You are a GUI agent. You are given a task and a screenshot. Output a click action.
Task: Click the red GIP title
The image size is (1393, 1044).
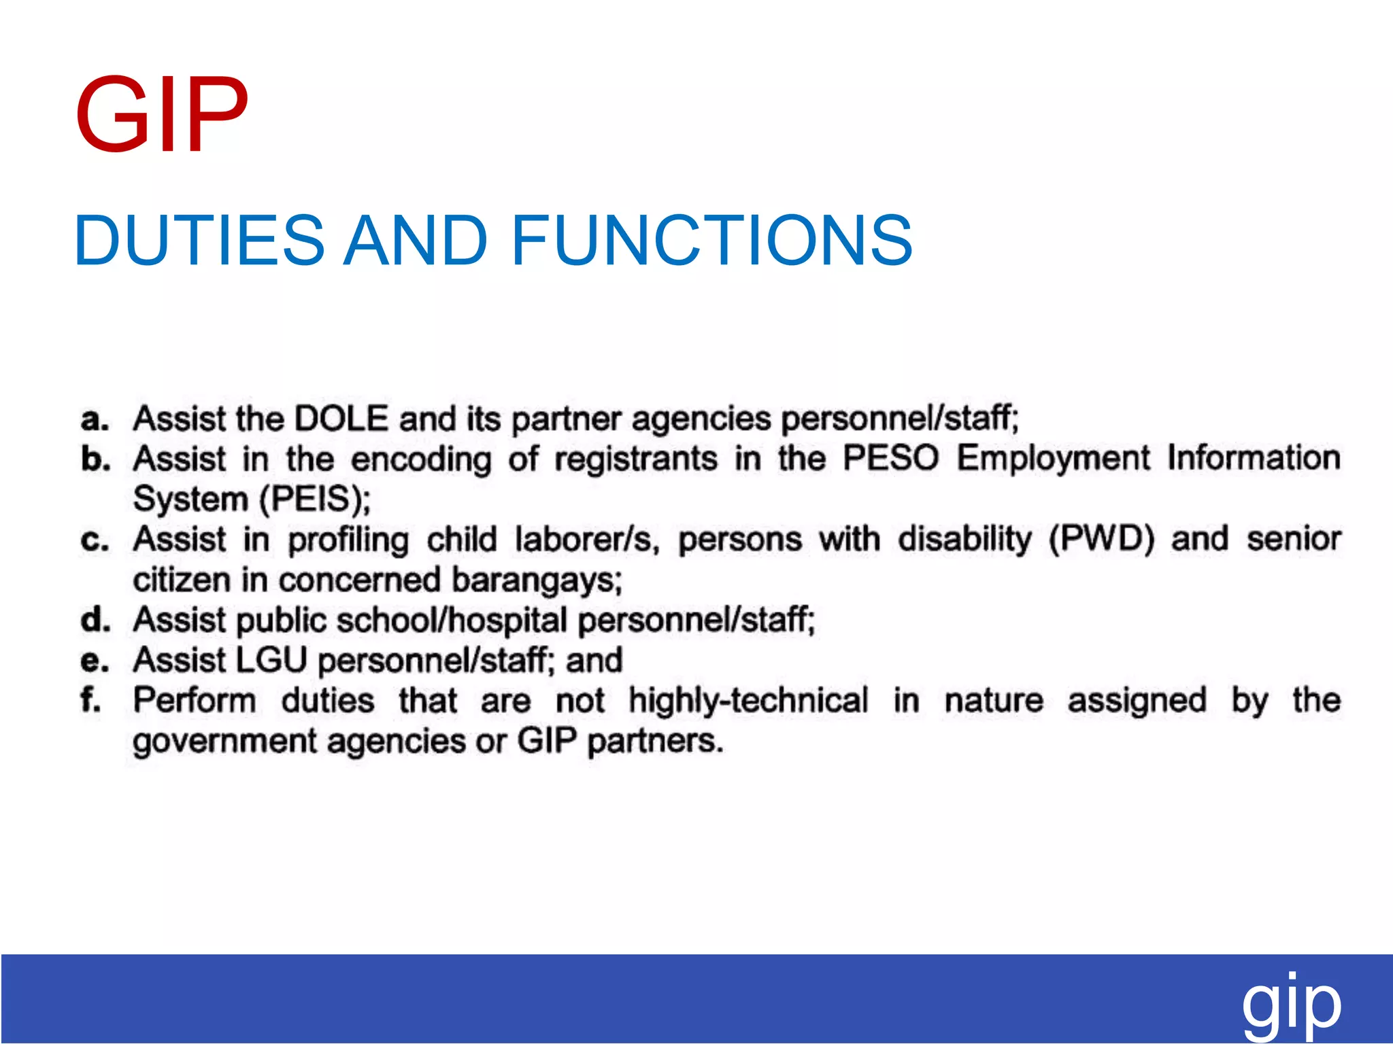click(x=161, y=116)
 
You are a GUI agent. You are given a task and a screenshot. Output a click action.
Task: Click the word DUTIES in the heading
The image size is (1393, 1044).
click(x=199, y=240)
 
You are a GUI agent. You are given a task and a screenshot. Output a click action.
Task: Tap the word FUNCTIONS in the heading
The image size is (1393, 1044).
click(x=711, y=240)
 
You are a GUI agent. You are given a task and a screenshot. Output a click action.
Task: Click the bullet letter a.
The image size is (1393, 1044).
click(x=95, y=419)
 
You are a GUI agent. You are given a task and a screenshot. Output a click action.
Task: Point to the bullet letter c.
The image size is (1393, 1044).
click(x=95, y=540)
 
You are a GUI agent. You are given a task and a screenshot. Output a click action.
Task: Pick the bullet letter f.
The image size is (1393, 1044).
click(x=90, y=700)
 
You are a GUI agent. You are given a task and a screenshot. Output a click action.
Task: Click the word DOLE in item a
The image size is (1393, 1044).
click(x=341, y=418)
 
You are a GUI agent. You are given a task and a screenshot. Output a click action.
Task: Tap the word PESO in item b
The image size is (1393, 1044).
click(x=891, y=458)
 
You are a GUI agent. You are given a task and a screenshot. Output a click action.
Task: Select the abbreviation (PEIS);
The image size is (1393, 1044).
click(x=315, y=500)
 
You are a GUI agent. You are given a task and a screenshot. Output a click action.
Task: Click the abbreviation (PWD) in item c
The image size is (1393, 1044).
click(x=1101, y=539)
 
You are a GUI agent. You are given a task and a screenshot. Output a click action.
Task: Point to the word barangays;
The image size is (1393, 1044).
click(x=537, y=580)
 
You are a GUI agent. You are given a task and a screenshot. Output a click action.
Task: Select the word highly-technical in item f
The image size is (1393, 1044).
click(x=748, y=701)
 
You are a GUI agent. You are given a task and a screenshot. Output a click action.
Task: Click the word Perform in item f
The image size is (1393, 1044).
click(x=195, y=701)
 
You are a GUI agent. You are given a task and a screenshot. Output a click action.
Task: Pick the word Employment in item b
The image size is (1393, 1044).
click(x=1053, y=458)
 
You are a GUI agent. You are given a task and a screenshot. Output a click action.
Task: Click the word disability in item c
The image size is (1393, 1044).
click(x=964, y=539)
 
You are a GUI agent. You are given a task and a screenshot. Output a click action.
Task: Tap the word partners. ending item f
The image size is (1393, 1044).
click(x=654, y=741)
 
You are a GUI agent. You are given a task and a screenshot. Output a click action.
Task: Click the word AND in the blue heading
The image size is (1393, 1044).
click(x=415, y=240)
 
